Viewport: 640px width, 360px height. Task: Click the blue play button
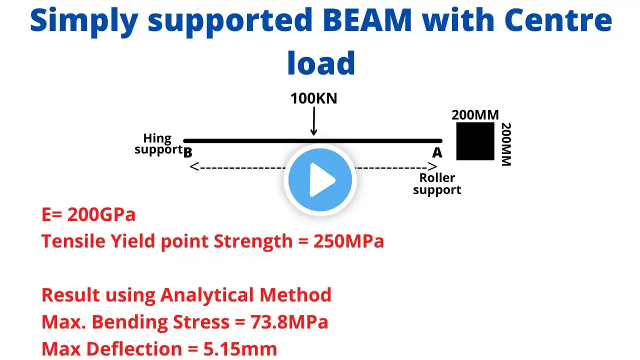(320, 179)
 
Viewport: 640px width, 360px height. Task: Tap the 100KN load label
(313, 98)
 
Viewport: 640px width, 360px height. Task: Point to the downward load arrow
(313, 121)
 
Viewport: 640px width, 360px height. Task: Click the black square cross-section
(475, 141)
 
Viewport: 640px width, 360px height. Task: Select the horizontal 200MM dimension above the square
(475, 115)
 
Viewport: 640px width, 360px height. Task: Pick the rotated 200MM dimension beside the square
(506, 144)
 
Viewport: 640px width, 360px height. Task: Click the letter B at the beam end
(187, 152)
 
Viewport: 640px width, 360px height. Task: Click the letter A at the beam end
(437, 152)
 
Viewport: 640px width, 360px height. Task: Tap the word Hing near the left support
(157, 138)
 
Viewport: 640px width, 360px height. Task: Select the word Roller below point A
(437, 177)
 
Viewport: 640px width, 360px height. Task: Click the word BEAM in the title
(367, 20)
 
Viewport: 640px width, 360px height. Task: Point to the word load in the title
(321, 63)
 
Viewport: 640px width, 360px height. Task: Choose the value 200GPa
(101, 214)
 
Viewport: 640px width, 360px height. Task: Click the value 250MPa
(348, 241)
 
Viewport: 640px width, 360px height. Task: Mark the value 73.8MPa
(289, 322)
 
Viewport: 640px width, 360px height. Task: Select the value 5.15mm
(240, 349)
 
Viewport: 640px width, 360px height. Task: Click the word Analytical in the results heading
(207, 295)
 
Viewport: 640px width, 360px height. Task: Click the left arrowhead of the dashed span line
(194, 166)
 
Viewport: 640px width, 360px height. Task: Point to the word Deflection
(134, 349)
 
